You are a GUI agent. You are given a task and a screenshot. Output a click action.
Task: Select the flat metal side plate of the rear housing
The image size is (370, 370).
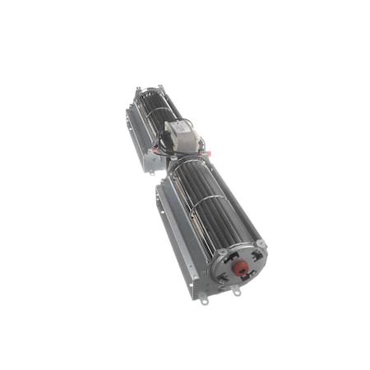pyautogui.click(x=134, y=132)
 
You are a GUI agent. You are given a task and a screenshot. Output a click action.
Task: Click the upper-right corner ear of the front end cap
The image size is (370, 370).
pyautogui.click(x=261, y=244)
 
